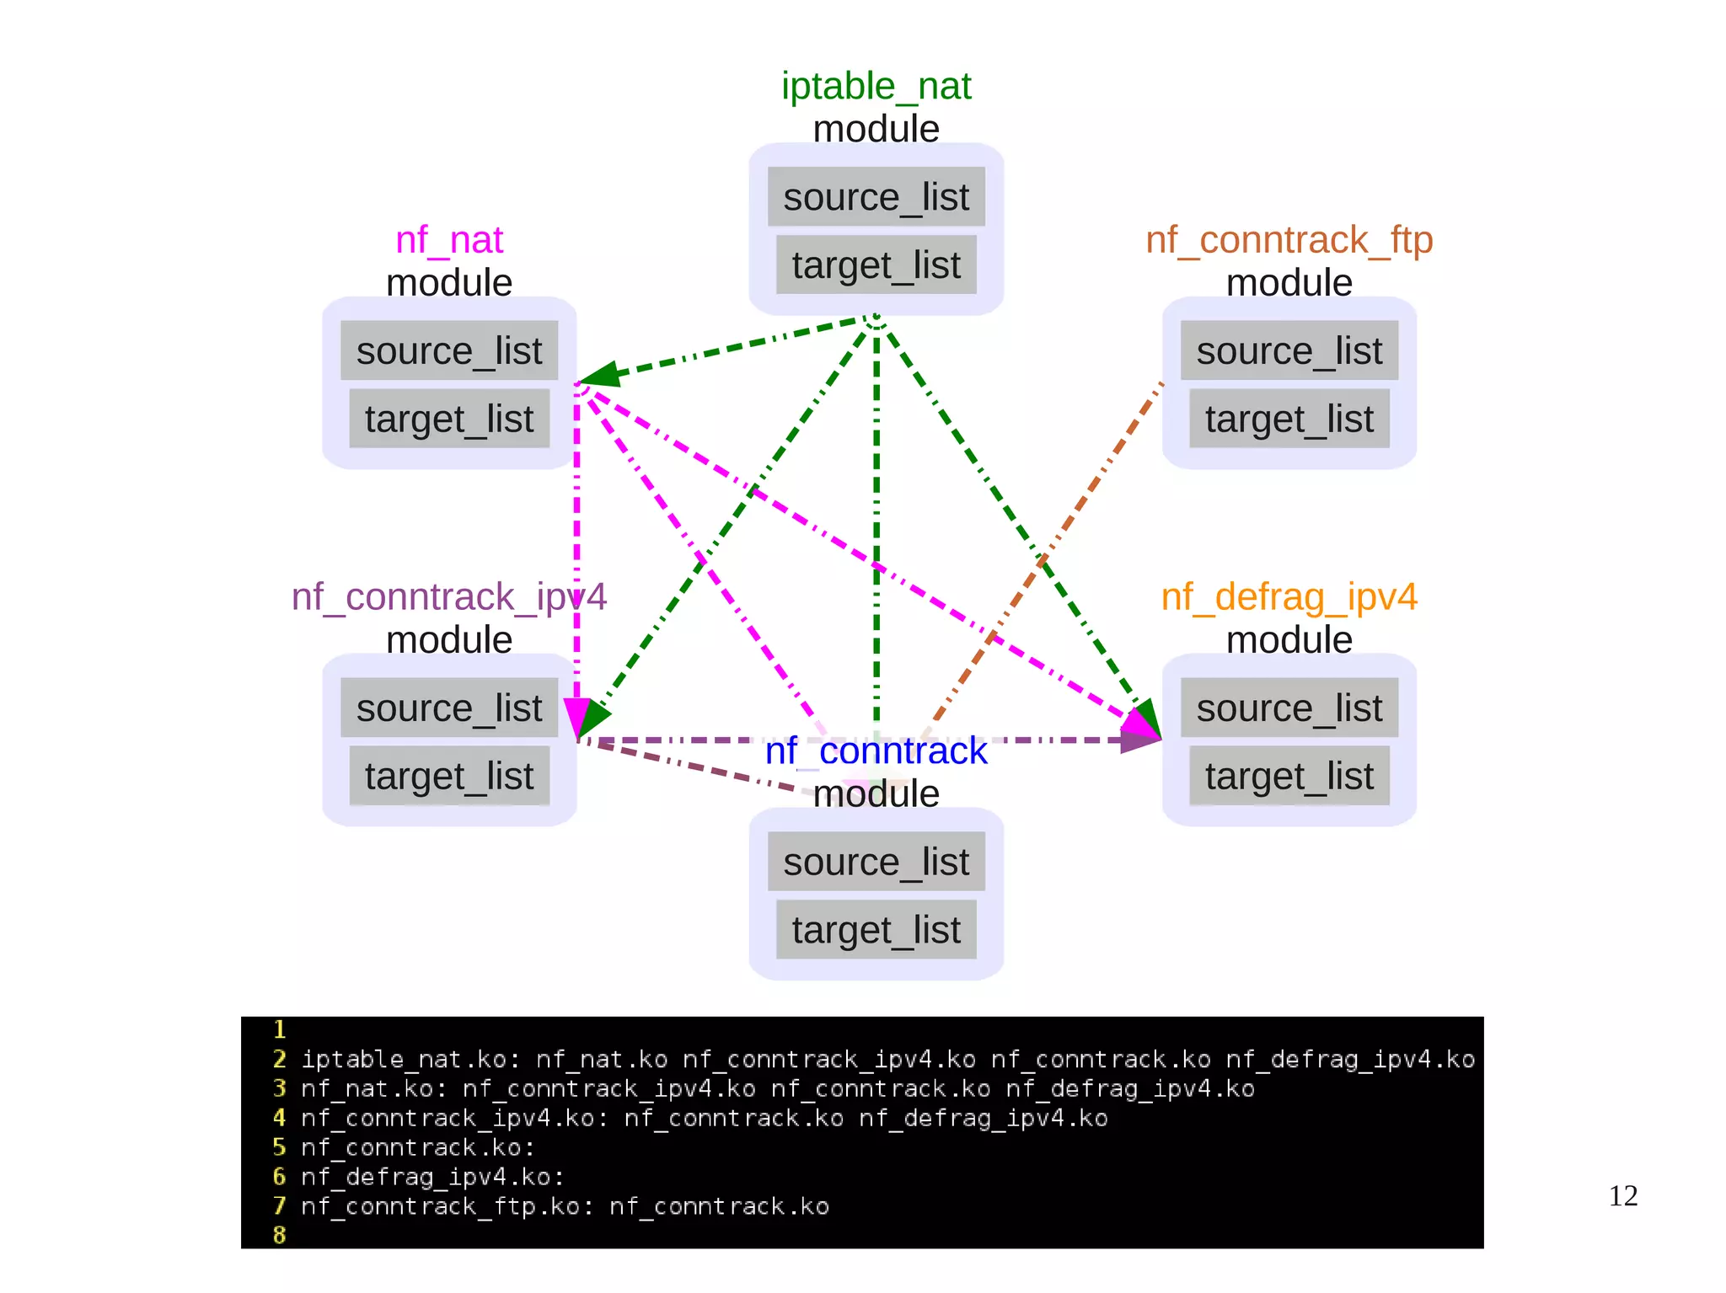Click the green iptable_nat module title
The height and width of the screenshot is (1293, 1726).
tap(876, 86)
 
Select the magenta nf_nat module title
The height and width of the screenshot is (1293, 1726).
tap(448, 240)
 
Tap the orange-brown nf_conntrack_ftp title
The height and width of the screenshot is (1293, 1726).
tap(1289, 240)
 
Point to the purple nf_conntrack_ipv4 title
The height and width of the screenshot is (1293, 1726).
tap(448, 597)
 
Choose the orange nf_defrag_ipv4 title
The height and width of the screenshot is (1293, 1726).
tap(1289, 597)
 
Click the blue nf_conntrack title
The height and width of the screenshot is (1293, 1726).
tap(876, 751)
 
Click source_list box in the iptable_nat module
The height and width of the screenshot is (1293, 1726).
tap(876, 197)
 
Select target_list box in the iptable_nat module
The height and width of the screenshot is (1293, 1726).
tap(876, 265)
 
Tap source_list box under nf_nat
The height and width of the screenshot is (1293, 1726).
tap(448, 350)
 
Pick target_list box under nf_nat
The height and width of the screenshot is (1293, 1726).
tap(448, 419)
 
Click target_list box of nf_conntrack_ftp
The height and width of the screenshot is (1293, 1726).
tap(1289, 419)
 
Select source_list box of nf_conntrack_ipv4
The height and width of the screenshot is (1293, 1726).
tap(448, 708)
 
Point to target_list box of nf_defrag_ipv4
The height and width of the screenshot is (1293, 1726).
tap(1289, 776)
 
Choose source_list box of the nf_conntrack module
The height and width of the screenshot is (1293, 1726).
tap(876, 862)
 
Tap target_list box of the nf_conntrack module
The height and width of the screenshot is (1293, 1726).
tap(876, 930)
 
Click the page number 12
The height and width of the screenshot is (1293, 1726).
tap(1622, 1196)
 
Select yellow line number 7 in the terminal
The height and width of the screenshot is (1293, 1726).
tap(280, 1206)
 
